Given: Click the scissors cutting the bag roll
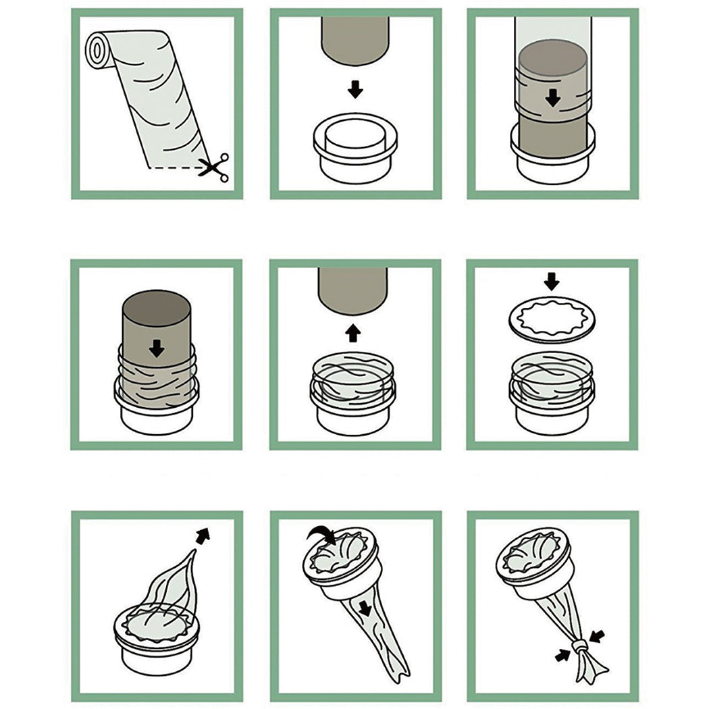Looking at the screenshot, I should point(214,166).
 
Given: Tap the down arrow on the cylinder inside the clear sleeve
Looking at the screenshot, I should point(553,98).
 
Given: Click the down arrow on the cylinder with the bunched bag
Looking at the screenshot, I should point(157,348).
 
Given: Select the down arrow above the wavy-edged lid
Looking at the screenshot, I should point(552,280).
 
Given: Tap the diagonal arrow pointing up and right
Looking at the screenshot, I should point(203,535).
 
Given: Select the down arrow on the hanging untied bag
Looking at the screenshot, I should point(365,609).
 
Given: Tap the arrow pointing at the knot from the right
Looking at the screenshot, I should point(598,636).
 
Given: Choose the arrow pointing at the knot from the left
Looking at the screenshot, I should point(562,655).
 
